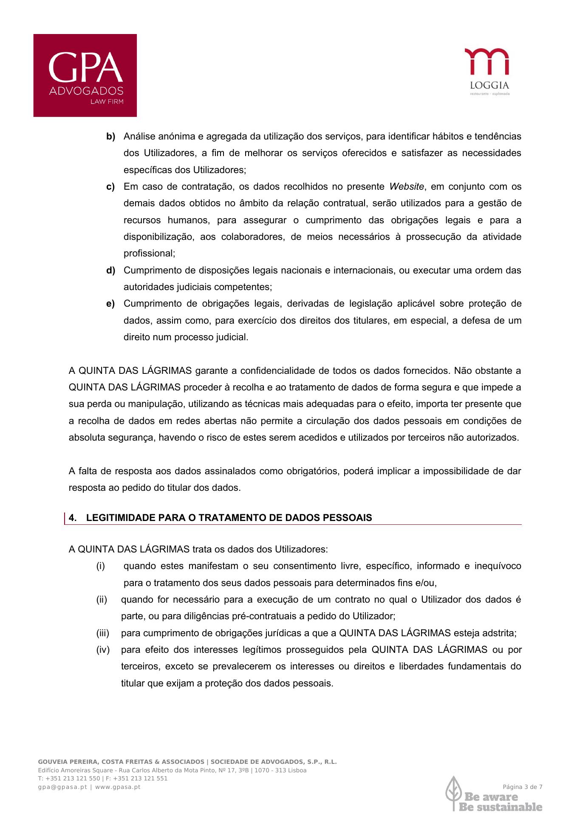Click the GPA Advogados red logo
tap(85, 75)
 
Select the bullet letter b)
tap(110, 137)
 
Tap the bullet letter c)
tap(110, 187)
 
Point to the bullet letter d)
tap(110, 270)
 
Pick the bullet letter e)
tap(110, 304)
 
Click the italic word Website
tap(406, 187)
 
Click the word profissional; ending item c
tap(149, 253)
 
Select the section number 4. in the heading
tap(73, 518)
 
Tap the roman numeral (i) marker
tap(100, 566)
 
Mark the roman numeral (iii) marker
tap(102, 633)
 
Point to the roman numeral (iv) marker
tap(102, 650)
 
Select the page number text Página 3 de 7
tap(523, 787)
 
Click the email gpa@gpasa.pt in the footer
tap(62, 787)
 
